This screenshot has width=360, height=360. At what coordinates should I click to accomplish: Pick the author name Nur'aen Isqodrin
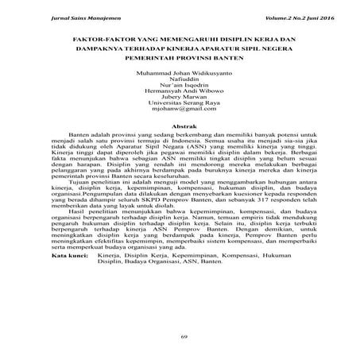coord(180,87)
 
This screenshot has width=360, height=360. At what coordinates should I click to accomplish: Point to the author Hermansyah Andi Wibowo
coord(180,94)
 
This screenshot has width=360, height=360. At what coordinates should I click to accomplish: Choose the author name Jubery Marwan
coord(180,101)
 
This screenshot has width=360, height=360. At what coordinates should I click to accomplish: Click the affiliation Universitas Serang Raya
coord(180,107)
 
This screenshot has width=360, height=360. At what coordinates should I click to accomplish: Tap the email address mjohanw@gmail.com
coord(180,114)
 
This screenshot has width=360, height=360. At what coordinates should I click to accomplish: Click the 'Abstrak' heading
coord(180,128)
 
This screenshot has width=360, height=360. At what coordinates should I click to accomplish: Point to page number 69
coord(180,338)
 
